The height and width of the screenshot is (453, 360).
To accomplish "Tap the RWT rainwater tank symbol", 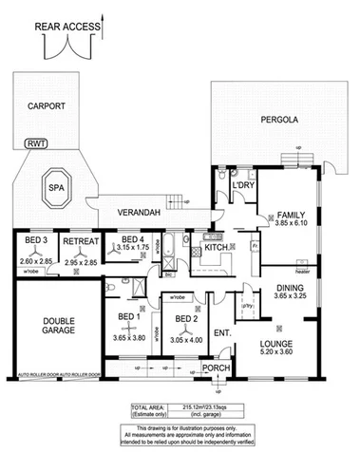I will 36,143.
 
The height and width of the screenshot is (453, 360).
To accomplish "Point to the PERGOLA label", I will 279,121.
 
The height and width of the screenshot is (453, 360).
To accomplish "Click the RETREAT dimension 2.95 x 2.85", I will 81,257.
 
